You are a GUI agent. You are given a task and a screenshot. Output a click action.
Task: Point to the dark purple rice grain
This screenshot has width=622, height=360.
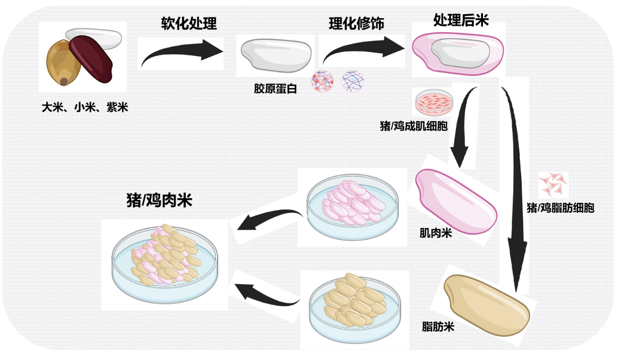92,58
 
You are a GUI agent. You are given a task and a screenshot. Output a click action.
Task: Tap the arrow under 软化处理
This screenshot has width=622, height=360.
180,53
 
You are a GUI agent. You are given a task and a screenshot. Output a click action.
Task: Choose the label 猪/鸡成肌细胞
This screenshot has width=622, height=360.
414,126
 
